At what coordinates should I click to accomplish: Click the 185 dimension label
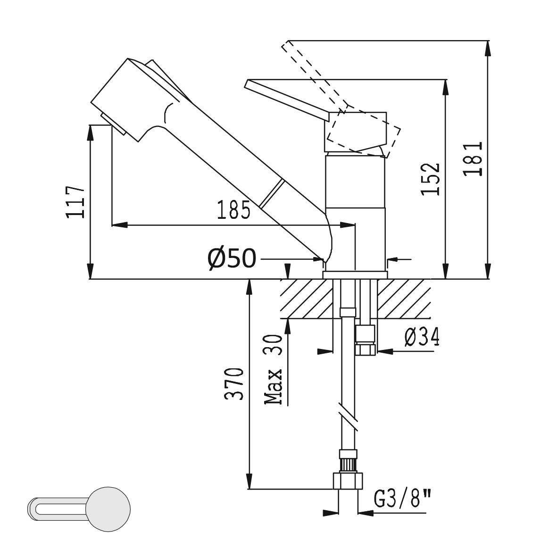233,209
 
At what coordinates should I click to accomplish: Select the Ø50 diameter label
232,258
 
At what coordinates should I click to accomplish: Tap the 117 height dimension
75,201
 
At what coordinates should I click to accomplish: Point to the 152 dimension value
430,179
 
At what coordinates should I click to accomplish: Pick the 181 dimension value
473,159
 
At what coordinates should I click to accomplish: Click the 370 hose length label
234,384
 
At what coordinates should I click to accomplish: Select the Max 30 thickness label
273,370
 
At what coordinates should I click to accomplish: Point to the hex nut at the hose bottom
348,481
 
